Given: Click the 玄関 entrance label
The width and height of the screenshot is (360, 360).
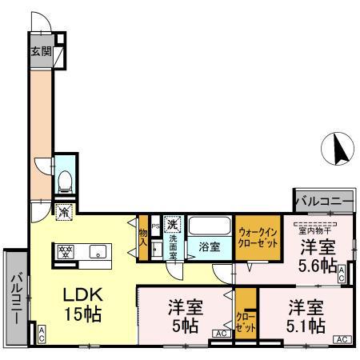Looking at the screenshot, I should tap(41, 52).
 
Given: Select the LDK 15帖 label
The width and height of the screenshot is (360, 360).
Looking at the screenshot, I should tap(82, 304).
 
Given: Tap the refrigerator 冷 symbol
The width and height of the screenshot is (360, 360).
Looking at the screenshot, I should tap(65, 212).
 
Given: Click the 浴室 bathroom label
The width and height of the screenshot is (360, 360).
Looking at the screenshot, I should tap(209, 248).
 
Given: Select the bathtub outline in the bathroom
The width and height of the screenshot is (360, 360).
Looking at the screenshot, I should tap(210, 226).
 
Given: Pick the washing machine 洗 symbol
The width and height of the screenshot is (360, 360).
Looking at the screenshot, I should tap(172, 224).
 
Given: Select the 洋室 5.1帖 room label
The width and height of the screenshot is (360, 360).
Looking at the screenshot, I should tap(306, 317).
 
